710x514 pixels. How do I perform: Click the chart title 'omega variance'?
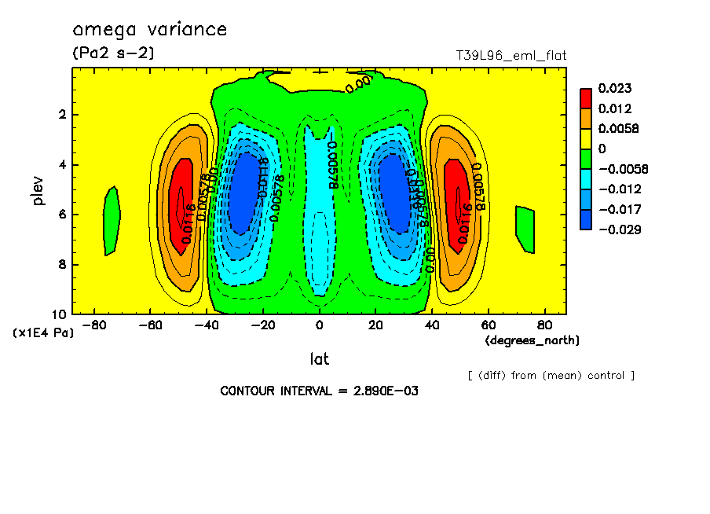[x=149, y=31]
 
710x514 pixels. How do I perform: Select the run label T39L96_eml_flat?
[x=511, y=56]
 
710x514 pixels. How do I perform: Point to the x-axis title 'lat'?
[x=319, y=359]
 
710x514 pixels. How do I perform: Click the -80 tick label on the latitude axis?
[x=94, y=325]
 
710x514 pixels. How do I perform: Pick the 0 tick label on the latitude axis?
[x=319, y=325]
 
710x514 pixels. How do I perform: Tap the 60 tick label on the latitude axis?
[x=487, y=325]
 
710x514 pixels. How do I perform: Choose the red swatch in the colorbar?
[x=586, y=97]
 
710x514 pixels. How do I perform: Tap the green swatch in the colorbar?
[x=586, y=158]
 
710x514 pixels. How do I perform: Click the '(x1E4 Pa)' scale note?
[x=43, y=333]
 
